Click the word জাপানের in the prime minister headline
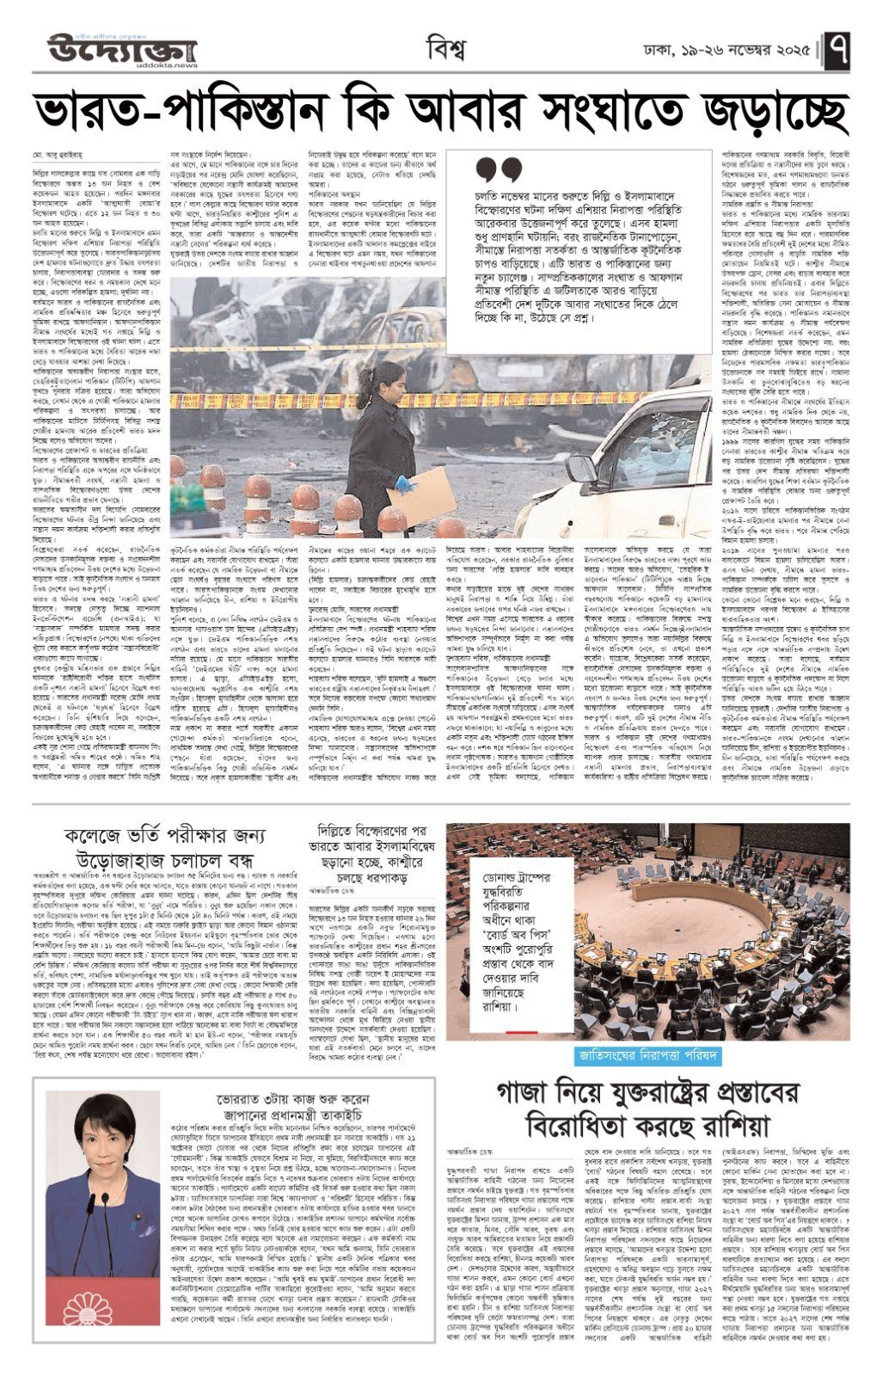coord(246,1115)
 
